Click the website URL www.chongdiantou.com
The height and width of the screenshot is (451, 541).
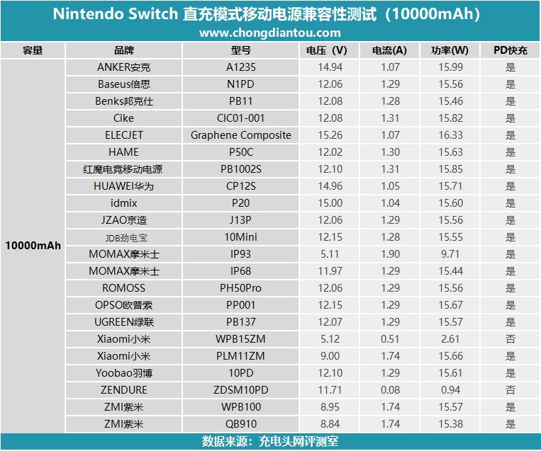pyautogui.click(x=269, y=33)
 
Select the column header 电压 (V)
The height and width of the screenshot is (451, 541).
pyautogui.click(x=326, y=50)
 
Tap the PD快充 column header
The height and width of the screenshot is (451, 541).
pyautogui.click(x=510, y=50)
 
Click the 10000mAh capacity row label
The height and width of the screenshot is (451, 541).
pyautogui.click(x=33, y=246)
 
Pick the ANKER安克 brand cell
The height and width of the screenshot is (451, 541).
pyautogui.click(x=124, y=67)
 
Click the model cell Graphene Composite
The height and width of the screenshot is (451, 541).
pyautogui.click(x=240, y=135)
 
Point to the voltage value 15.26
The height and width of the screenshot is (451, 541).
pyautogui.click(x=330, y=135)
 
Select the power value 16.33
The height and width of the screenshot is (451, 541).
pyautogui.click(x=450, y=135)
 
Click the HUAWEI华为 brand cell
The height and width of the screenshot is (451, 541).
pyautogui.click(x=124, y=186)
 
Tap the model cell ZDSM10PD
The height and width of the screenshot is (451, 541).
pyautogui.click(x=240, y=390)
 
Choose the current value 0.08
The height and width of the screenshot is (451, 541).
pyautogui.click(x=389, y=390)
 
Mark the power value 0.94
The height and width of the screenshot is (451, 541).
pyautogui.click(x=450, y=390)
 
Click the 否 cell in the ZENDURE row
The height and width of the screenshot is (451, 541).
pyautogui.click(x=510, y=390)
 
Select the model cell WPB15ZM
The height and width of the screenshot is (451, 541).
pyautogui.click(x=240, y=339)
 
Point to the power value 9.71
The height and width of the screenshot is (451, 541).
pyautogui.click(x=450, y=254)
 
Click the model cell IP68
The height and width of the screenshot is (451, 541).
pyautogui.click(x=240, y=271)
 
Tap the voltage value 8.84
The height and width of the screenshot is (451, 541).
pyautogui.click(x=330, y=424)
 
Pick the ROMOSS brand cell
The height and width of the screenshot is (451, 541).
pyautogui.click(x=124, y=288)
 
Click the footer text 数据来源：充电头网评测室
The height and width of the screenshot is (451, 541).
pyautogui.click(x=269, y=442)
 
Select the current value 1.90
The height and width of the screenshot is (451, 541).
pyautogui.click(x=389, y=254)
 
